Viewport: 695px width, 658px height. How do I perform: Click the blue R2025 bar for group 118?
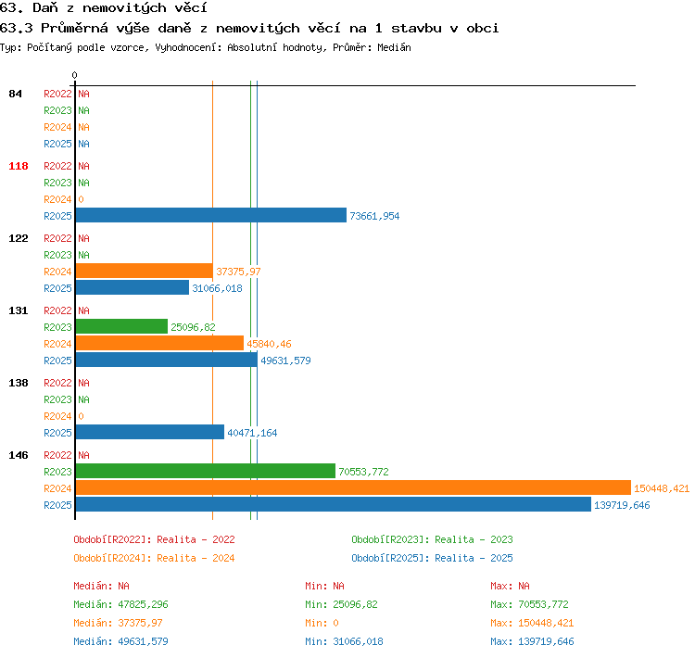(211, 216)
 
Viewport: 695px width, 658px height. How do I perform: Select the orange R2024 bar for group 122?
(144, 271)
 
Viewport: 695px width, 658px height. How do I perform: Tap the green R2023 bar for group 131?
(121, 326)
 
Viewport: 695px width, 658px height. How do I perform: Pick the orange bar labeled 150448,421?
(353, 487)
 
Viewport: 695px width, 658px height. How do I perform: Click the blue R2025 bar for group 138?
(150, 432)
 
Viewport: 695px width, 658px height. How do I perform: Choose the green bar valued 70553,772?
(205, 471)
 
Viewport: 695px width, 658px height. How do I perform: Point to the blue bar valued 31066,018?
(133, 288)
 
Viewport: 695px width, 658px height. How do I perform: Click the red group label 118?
(19, 166)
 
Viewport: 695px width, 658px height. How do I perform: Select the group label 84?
(15, 94)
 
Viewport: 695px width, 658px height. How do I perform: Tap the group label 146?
(19, 455)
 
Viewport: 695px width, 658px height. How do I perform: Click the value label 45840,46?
(269, 344)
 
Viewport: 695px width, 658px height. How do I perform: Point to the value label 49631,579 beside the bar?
(285, 361)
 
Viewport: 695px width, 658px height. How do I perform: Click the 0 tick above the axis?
(74, 75)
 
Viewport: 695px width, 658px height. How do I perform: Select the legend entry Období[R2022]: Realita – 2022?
(154, 539)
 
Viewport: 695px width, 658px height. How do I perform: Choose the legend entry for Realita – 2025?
(432, 558)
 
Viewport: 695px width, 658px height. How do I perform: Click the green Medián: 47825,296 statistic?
(120, 604)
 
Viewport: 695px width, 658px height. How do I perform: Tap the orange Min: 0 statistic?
(322, 623)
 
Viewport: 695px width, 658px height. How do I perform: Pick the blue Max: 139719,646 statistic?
(532, 641)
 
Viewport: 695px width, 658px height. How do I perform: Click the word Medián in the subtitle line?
(394, 47)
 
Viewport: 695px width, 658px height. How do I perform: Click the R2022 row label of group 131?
(57, 310)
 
